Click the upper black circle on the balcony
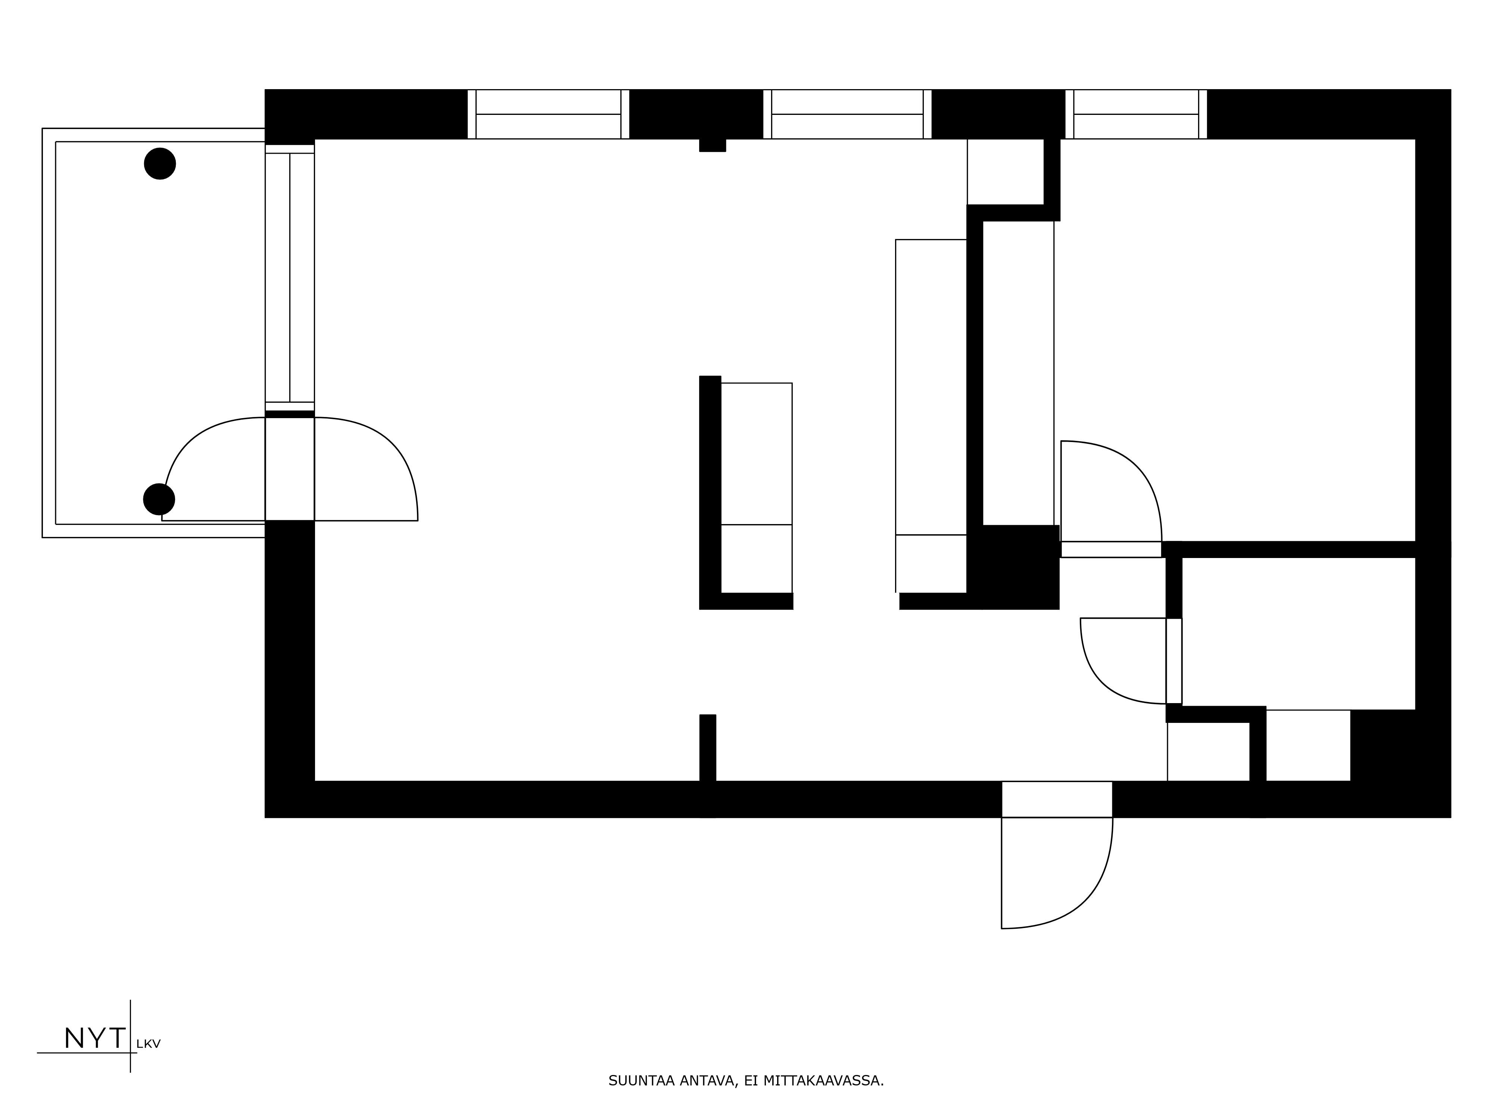point(160,164)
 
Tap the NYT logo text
point(94,1039)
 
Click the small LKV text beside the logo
point(149,1044)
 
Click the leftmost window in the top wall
point(548,114)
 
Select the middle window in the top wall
point(847,114)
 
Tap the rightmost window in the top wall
point(1136,114)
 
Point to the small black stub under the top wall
point(712,145)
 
